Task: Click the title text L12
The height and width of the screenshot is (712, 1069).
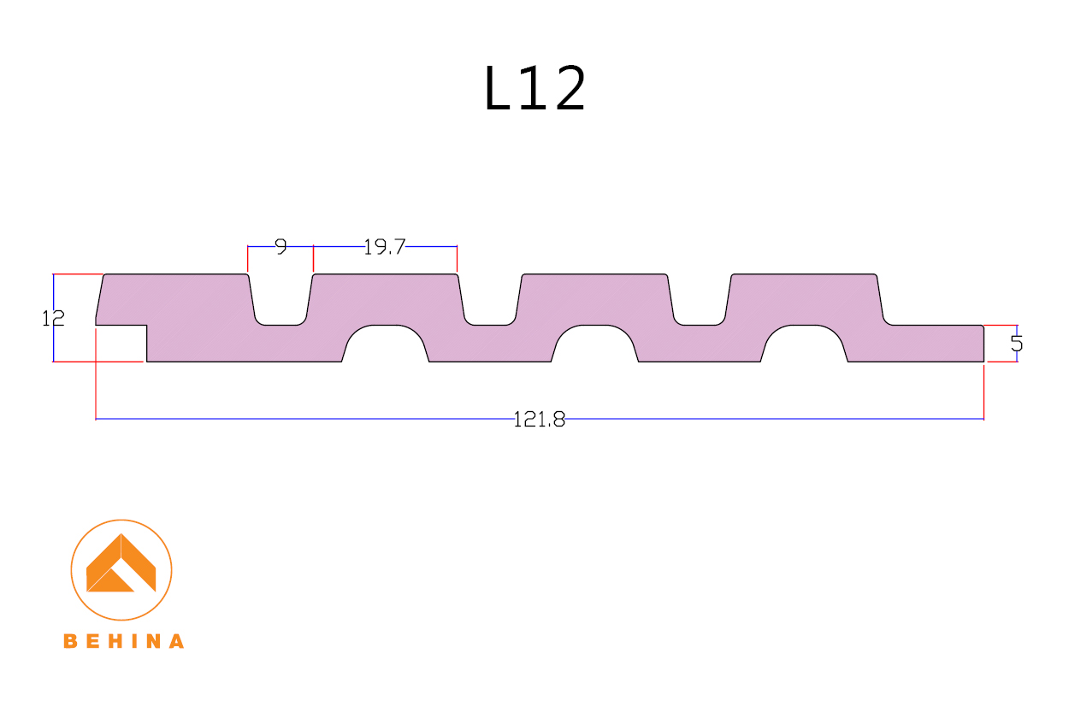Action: point(534,88)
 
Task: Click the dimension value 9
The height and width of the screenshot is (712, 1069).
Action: point(281,248)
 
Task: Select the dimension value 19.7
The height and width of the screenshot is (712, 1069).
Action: point(384,248)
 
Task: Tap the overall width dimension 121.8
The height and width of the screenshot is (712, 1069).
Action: point(539,420)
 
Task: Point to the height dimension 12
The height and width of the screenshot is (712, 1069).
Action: point(53,319)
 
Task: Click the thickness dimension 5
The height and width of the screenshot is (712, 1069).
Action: point(1017,344)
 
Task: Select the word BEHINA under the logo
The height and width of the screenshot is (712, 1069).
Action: point(124,641)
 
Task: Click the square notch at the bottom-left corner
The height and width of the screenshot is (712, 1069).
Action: point(121,344)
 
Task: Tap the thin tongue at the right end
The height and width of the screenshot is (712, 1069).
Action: point(936,344)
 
